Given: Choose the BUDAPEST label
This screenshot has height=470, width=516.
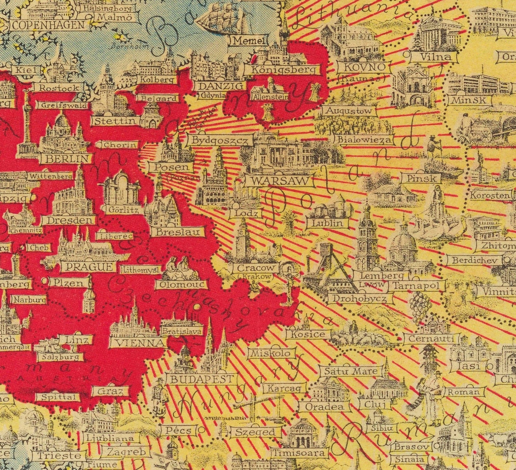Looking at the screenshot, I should pos(202,379).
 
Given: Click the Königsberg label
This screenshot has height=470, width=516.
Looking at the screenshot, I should pos(285,69).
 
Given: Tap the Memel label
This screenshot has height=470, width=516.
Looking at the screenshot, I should pos(248,41).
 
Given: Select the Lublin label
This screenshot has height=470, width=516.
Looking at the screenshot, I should pos(328,223).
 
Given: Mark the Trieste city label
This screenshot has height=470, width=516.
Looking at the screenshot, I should pos(56,455).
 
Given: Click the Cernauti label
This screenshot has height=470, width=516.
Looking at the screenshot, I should pos(431,339).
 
